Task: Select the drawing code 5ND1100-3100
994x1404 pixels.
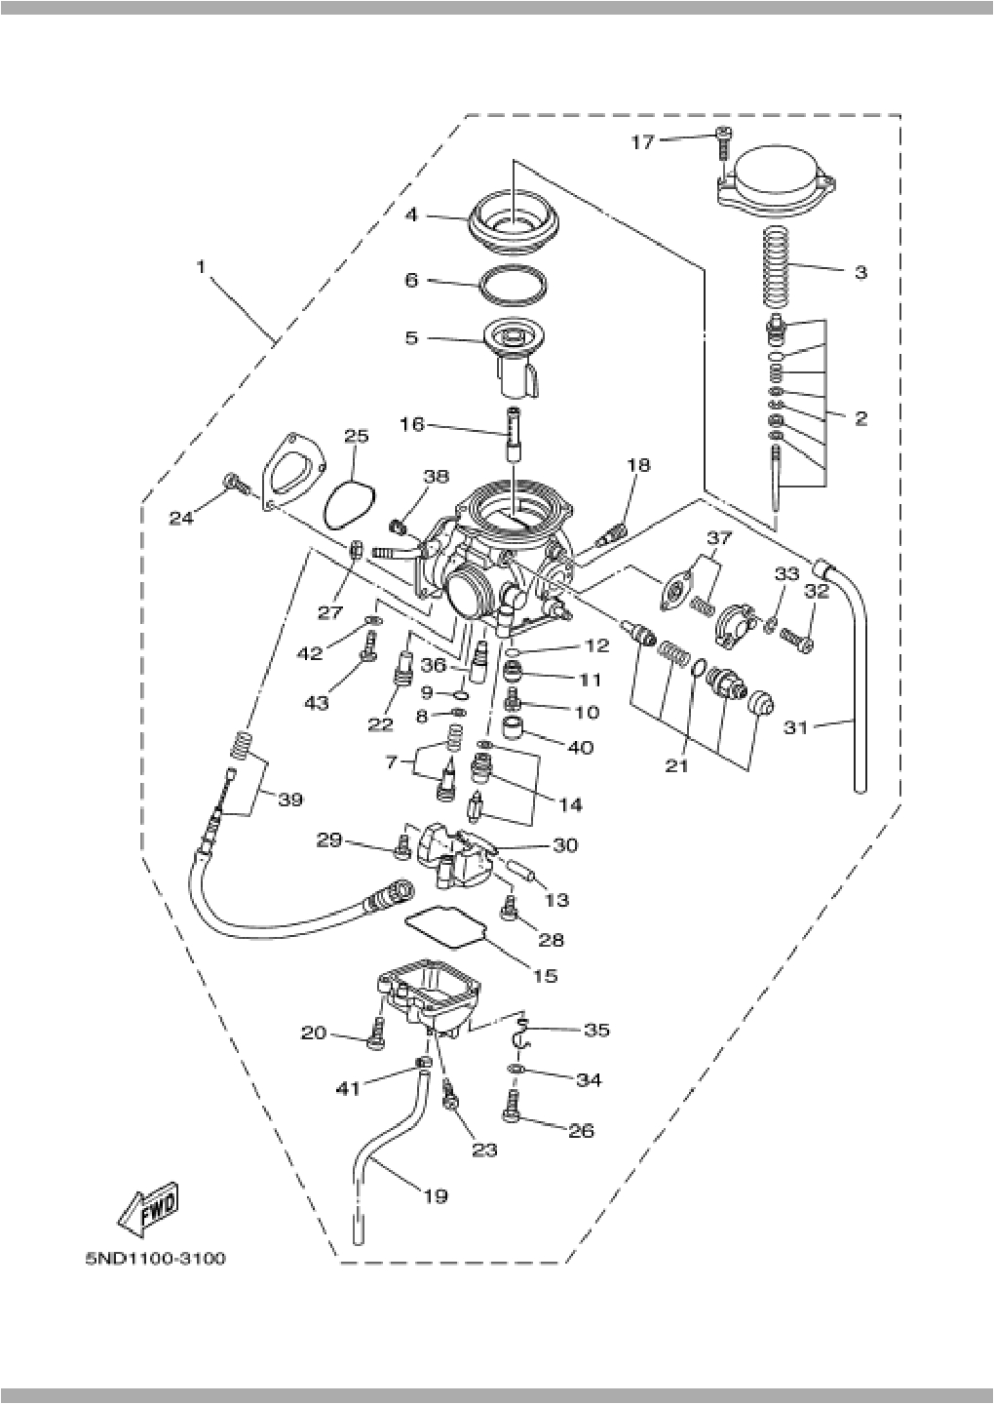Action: pyautogui.click(x=155, y=1259)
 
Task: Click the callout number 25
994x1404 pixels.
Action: pyautogui.click(x=356, y=436)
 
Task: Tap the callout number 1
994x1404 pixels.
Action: pyautogui.click(x=202, y=265)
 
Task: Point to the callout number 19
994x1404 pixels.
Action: pyautogui.click(x=436, y=1194)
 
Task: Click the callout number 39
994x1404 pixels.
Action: pyautogui.click(x=289, y=799)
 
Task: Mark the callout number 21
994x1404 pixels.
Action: pyautogui.click(x=676, y=765)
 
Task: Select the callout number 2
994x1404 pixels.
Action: pyautogui.click(x=860, y=418)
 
